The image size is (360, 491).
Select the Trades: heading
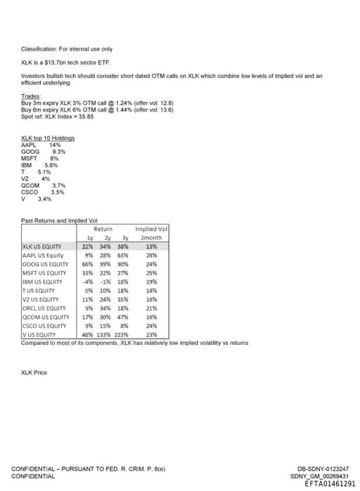(32, 96)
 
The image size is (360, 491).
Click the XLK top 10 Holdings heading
(48, 138)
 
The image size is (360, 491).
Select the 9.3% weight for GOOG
(59, 151)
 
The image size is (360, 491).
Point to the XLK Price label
(34, 372)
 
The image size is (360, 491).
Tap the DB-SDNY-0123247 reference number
(323, 469)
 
